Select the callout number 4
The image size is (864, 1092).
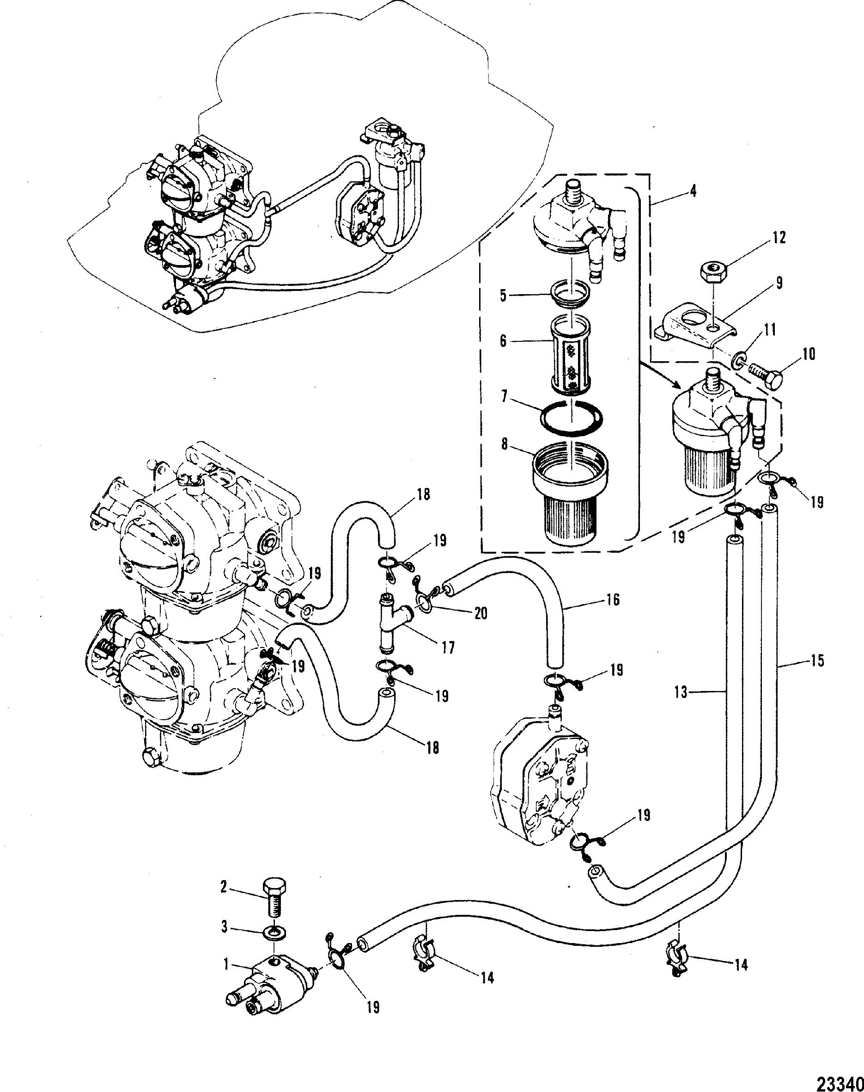click(693, 191)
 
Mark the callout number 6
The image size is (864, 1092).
click(503, 341)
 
